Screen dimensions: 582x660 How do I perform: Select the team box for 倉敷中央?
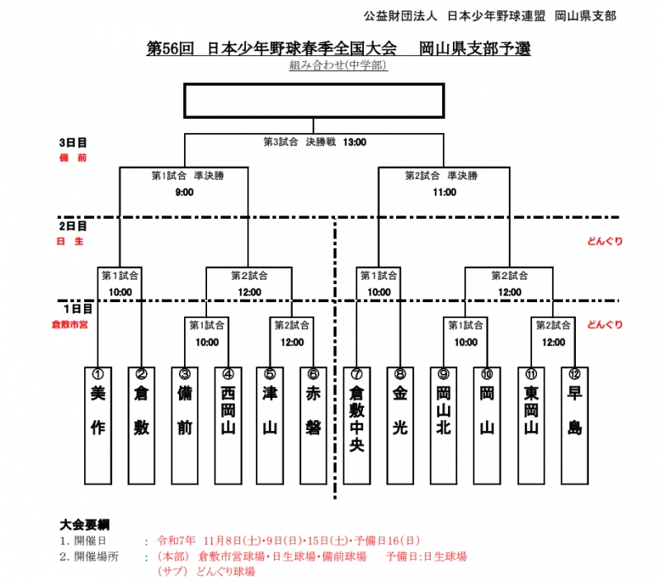[357, 425]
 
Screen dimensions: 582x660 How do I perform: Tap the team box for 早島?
[573, 425]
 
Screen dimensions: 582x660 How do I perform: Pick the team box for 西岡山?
[228, 425]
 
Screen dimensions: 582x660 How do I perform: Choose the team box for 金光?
[400, 425]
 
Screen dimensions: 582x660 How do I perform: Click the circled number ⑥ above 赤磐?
[313, 373]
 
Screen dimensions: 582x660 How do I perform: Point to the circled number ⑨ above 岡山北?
[444, 373]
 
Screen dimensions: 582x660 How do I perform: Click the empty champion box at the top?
[313, 101]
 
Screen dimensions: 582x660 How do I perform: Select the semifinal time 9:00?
[184, 192]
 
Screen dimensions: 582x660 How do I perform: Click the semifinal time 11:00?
[444, 192]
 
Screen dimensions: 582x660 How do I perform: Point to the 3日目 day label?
[73, 142]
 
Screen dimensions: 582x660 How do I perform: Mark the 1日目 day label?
[73, 308]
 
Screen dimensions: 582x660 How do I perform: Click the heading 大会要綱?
[85, 524]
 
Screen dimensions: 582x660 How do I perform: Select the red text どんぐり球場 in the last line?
[223, 570]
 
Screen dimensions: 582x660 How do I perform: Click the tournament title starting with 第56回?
[339, 48]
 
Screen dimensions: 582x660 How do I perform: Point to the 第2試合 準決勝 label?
[441, 175]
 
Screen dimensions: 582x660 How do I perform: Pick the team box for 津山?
[271, 425]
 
